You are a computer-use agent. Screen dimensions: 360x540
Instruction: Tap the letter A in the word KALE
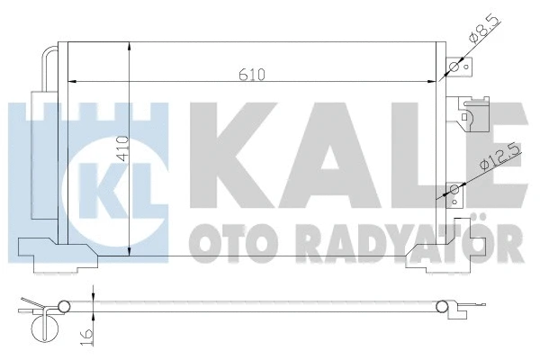[322, 154]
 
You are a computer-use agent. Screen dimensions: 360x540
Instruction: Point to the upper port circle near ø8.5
[454, 66]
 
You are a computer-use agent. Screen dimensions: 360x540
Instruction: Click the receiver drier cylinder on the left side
[41, 153]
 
